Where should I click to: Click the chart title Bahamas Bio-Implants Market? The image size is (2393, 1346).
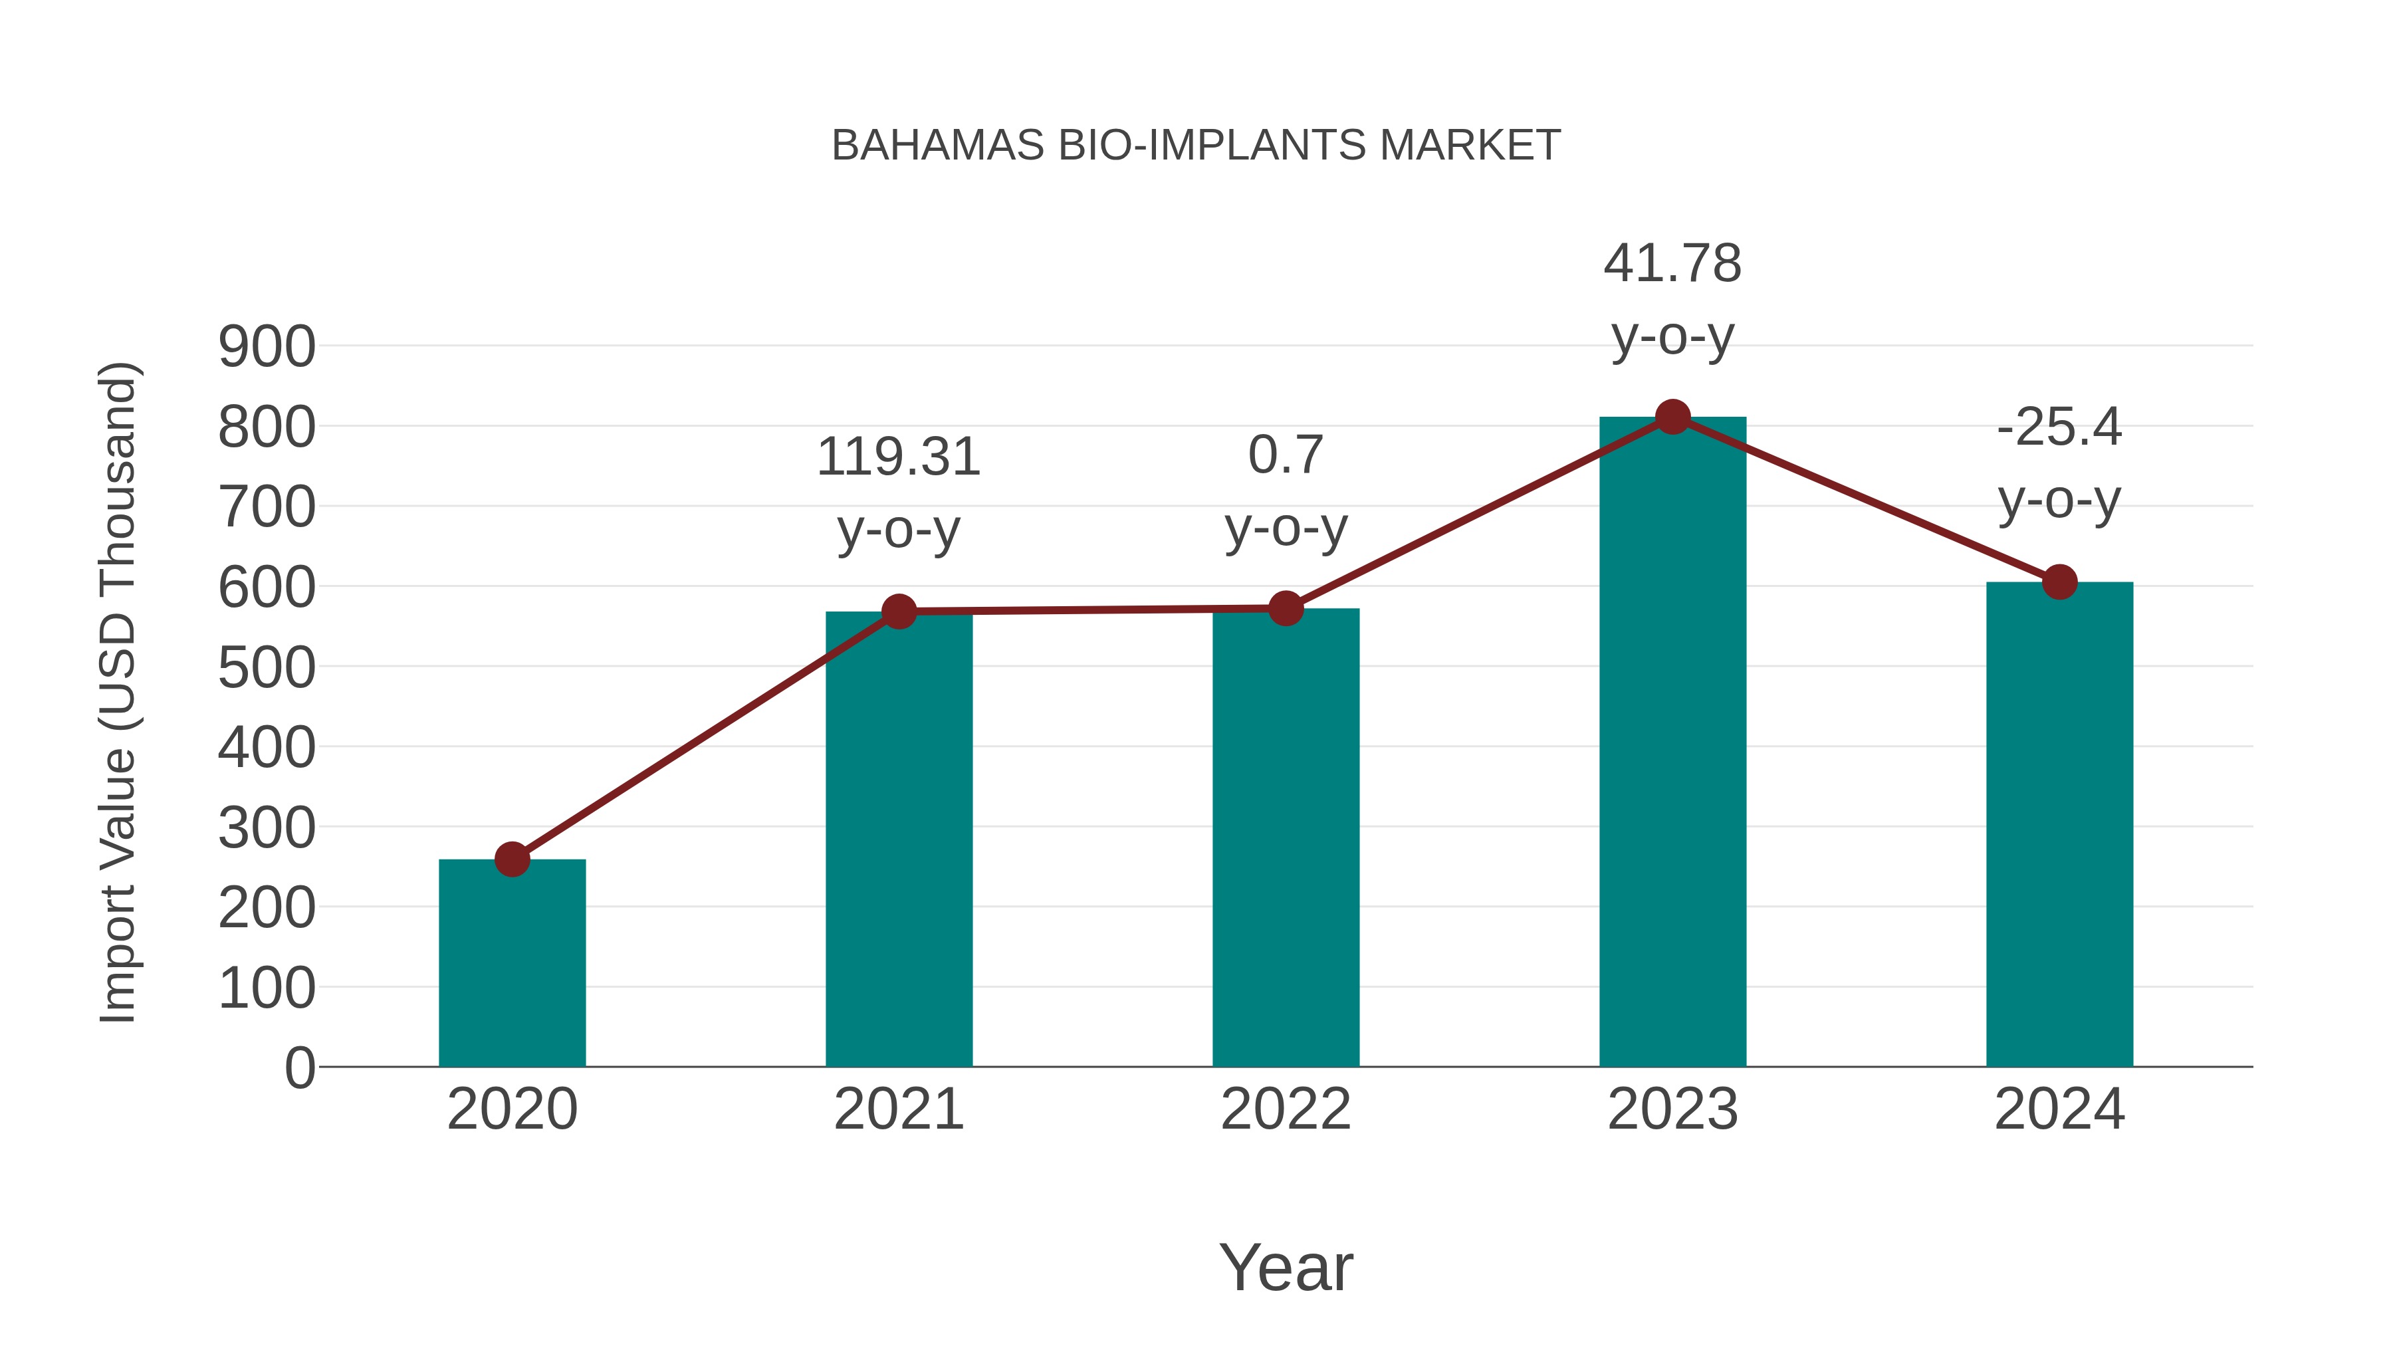(x=1196, y=146)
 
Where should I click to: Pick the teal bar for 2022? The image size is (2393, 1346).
(x=1286, y=837)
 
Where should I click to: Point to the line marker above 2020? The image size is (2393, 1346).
(x=512, y=859)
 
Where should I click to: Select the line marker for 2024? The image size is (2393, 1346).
(x=2059, y=582)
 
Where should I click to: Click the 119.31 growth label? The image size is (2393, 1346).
(x=898, y=457)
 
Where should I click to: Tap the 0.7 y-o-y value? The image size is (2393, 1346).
(x=1286, y=455)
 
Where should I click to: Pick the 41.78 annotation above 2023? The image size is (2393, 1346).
(x=1672, y=264)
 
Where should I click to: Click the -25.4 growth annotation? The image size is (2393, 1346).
(x=2059, y=427)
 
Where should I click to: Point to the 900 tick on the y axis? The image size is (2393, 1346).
(x=267, y=348)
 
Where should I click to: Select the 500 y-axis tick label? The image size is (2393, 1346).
(x=267, y=668)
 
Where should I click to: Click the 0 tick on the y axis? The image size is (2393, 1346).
(x=299, y=1068)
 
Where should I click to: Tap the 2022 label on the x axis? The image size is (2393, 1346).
(x=1286, y=1109)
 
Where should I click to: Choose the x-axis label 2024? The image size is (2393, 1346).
(x=2059, y=1109)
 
